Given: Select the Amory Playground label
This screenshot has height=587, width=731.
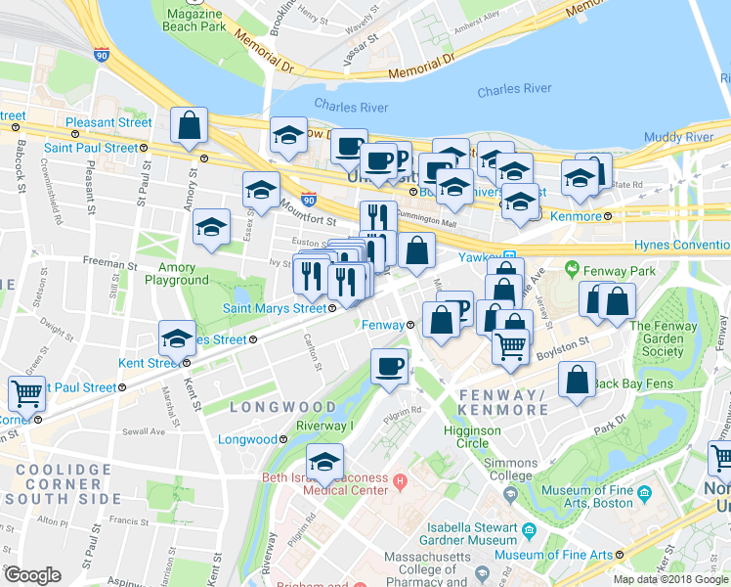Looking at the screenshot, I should click(x=177, y=274).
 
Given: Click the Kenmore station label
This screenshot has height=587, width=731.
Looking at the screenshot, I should click(x=580, y=216).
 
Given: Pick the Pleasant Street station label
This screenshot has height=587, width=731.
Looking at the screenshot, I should click(x=109, y=123).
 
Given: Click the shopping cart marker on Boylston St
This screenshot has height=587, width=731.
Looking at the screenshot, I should click(x=511, y=347).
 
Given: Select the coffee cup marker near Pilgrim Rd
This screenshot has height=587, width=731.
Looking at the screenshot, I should click(x=390, y=367).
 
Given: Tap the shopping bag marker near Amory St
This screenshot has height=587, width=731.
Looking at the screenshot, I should click(x=190, y=126).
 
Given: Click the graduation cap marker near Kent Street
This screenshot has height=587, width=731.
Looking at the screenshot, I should click(x=177, y=339).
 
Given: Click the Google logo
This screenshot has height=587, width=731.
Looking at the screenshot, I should click(x=32, y=575).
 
